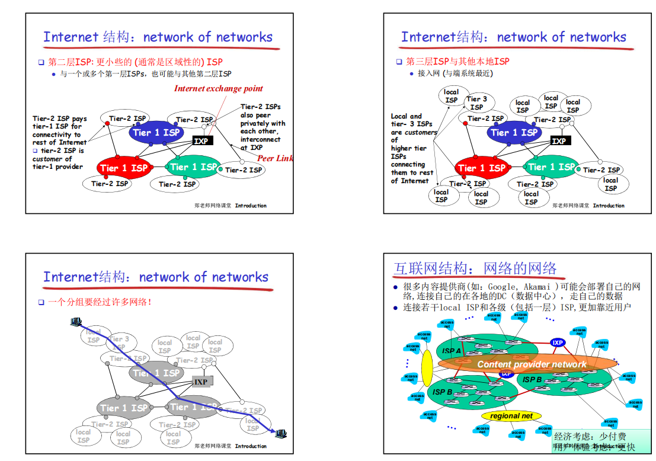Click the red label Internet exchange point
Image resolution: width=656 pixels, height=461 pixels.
[x=218, y=89]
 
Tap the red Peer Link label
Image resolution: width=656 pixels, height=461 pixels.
[x=275, y=158]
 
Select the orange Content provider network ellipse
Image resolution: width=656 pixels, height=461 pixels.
[x=532, y=364]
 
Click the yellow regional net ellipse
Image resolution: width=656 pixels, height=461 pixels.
[x=511, y=416]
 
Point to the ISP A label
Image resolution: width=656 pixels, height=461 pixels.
[x=452, y=351]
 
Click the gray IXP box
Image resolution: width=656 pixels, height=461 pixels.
[x=201, y=382]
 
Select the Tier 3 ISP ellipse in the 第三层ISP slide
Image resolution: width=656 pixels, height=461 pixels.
[x=476, y=103]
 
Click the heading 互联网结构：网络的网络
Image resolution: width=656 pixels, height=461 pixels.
[x=476, y=268]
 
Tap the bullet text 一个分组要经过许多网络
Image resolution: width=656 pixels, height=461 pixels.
[x=100, y=302]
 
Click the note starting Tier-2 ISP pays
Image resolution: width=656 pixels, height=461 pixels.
[x=59, y=142]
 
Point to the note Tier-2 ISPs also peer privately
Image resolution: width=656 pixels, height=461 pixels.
[x=263, y=127]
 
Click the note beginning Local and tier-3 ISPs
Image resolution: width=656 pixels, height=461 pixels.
[x=412, y=149]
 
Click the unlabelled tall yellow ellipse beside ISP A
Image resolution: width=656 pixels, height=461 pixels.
[x=427, y=368]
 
